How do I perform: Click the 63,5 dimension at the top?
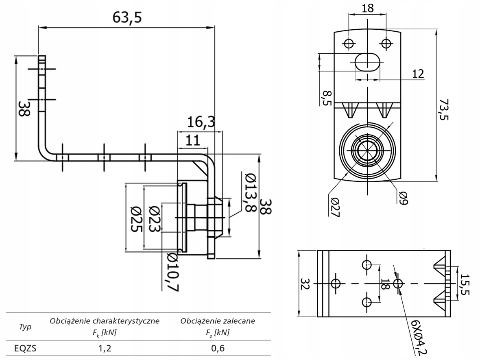point(127,18)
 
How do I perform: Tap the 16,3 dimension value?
point(201,122)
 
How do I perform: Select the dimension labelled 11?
point(192,140)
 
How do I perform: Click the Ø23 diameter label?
point(155,219)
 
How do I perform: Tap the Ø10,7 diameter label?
point(173,272)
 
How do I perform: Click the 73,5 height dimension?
point(443,109)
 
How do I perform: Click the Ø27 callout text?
point(335,207)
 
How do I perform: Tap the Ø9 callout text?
point(404,198)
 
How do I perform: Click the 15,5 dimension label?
point(465,284)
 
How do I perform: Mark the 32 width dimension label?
point(305,284)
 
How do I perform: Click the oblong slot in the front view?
point(367,62)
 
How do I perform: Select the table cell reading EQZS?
point(25,348)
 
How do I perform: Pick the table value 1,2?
point(105,348)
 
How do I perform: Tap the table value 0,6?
point(218,348)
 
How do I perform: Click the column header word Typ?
point(25,327)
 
